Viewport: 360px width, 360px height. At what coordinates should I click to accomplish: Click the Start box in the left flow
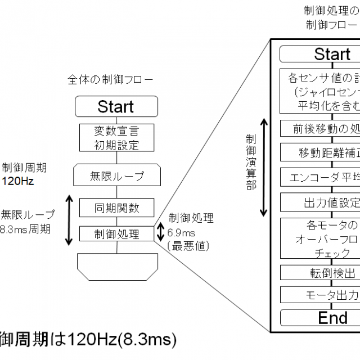coord(116,106)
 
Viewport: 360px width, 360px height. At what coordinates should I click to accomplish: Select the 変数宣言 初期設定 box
coord(116,137)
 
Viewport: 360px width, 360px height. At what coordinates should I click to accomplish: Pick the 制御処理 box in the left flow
coord(116,234)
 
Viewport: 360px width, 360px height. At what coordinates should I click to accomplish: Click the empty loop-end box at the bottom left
coord(116,265)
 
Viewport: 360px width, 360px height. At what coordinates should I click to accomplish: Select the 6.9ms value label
coord(182,233)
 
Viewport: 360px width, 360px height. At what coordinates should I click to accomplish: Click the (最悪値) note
coord(184,245)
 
